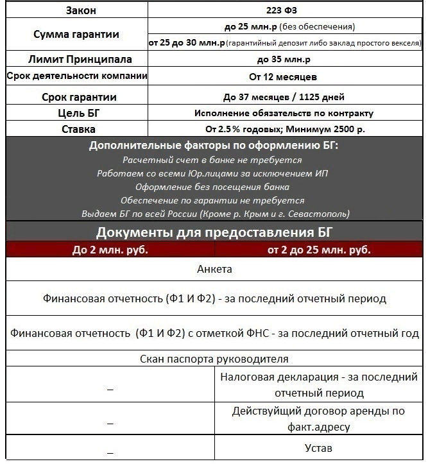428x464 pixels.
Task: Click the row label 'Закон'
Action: click(76, 11)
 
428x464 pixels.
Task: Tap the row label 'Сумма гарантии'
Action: click(76, 35)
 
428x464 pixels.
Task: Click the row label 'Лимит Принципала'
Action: click(76, 60)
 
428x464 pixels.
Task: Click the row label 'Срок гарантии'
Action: click(76, 97)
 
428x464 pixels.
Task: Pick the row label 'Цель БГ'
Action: click(76, 114)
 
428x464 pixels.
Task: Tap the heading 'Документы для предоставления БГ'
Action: click(214, 232)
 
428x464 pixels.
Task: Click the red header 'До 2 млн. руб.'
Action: click(110, 250)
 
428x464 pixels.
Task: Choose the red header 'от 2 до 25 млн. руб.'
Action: click(319, 250)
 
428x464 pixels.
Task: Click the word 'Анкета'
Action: click(214, 270)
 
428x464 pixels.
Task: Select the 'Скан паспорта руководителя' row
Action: click(214, 359)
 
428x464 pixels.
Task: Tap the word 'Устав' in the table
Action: click(318, 448)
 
